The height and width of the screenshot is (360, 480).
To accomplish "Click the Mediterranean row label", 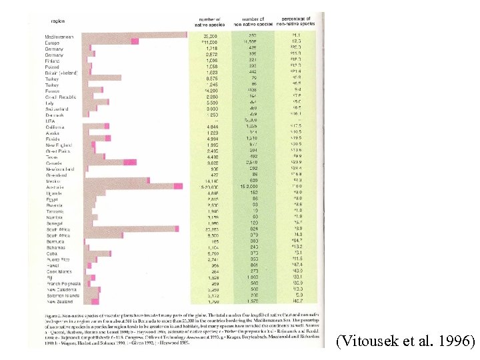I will [x=59, y=35].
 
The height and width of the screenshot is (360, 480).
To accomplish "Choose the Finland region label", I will [x=53, y=61].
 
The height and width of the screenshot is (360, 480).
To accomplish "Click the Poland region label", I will [x=53, y=67].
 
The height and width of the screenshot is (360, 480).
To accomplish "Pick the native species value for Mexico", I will [x=209, y=181].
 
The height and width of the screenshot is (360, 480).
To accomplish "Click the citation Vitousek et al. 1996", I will [x=406, y=342].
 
